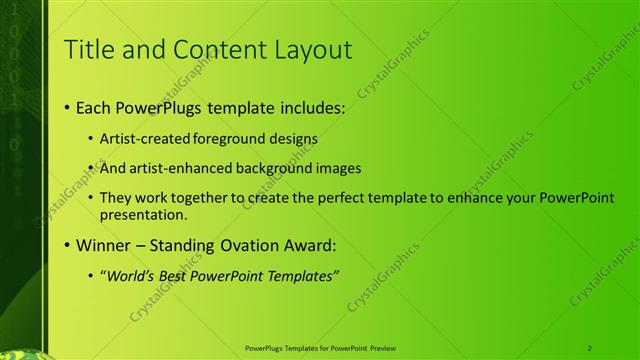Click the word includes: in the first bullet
click(288, 107)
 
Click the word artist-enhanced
click(170, 168)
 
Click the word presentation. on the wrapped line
click(141, 214)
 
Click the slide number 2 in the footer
click(590, 347)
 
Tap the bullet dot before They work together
click(91, 199)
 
